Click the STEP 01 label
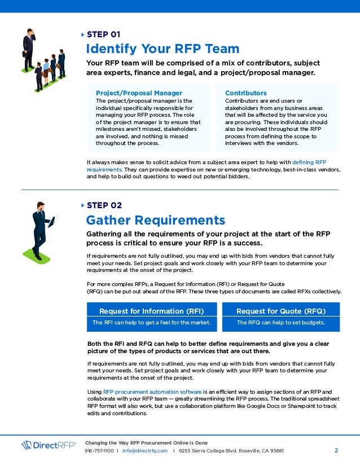coord(103,34)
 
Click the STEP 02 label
coord(104,205)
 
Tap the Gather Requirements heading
coord(155,219)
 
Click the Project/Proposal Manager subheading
coord(139,93)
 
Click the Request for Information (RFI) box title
coord(151,311)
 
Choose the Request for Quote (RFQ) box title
coord(281,311)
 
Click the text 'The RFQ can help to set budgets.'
coord(281,323)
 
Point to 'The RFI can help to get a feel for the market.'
coord(151,323)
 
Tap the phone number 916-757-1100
coord(99,451)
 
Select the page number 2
coord(336,451)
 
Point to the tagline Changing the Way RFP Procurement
coord(146,442)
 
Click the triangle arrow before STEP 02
coord(83,205)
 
